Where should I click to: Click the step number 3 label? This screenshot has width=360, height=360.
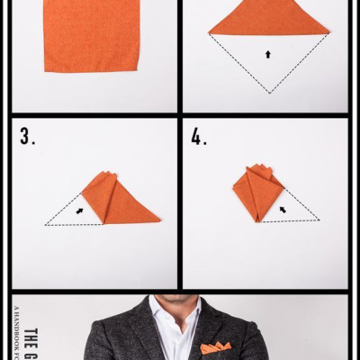27,137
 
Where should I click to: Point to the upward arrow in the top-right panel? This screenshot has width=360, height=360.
267,54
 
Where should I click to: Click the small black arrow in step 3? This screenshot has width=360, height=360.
79,211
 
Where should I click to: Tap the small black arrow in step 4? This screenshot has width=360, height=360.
283,209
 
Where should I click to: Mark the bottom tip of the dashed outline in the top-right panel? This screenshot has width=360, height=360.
267,93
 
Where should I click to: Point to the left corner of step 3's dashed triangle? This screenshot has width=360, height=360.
46,224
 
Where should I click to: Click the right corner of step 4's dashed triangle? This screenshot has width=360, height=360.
319,220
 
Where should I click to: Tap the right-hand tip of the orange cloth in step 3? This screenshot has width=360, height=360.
158,218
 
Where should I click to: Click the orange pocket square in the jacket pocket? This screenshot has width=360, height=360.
215,347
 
